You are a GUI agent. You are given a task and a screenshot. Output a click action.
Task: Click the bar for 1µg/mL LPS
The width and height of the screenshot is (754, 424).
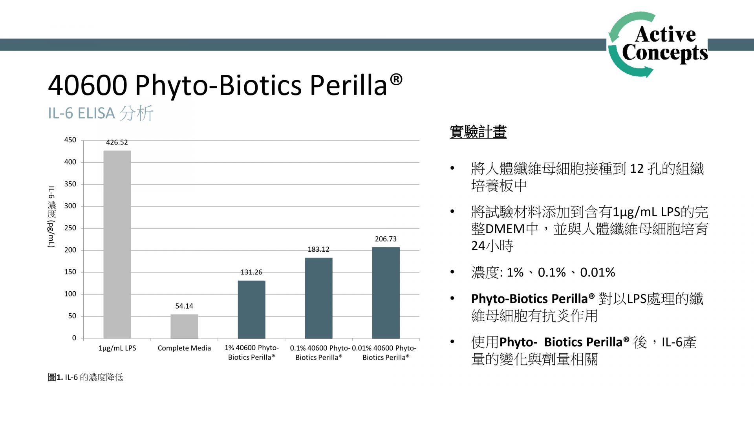pos(117,244)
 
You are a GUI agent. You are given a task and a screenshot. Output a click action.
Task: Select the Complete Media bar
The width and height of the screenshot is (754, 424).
pos(184,326)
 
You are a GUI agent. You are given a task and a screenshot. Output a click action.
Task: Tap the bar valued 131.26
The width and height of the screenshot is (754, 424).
pos(251,309)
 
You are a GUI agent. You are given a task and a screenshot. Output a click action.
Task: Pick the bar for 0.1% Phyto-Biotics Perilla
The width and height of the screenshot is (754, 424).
pos(318,298)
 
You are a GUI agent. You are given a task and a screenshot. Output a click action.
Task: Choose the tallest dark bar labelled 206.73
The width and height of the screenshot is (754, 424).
pos(386,292)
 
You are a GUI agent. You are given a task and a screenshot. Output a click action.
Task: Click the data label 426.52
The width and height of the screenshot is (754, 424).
pos(117,143)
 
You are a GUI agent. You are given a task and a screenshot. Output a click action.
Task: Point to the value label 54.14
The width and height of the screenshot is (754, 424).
pos(184,306)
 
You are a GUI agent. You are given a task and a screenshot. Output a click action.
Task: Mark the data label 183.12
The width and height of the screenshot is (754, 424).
pos(318,250)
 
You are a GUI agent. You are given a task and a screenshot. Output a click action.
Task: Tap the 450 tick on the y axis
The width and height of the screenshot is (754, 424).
pos(70,140)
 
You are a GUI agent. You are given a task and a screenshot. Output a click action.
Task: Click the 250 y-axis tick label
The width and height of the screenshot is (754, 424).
pos(70,228)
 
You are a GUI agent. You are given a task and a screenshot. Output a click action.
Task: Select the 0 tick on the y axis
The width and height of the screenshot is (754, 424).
pos(74,338)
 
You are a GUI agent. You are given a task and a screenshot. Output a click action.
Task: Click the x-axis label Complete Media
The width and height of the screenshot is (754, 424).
pos(184,348)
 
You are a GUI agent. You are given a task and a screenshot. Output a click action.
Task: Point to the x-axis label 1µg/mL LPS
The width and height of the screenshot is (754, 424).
pos(117,348)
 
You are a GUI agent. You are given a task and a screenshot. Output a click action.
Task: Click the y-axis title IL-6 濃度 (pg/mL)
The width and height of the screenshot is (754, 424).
pos(51,217)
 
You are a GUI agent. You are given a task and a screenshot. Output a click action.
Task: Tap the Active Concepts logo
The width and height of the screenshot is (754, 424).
pos(658,44)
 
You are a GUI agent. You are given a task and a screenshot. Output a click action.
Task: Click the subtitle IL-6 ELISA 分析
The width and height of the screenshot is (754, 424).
pos(101,113)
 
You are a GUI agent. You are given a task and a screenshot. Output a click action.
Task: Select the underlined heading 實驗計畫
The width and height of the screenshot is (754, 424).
pos(478,132)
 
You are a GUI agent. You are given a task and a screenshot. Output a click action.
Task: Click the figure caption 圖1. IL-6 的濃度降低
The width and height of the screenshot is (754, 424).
pos(86,378)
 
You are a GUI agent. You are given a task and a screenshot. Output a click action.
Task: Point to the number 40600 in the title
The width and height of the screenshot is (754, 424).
pos(88,85)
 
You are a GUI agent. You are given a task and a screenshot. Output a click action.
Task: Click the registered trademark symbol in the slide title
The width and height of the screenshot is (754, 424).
pos(396,80)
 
